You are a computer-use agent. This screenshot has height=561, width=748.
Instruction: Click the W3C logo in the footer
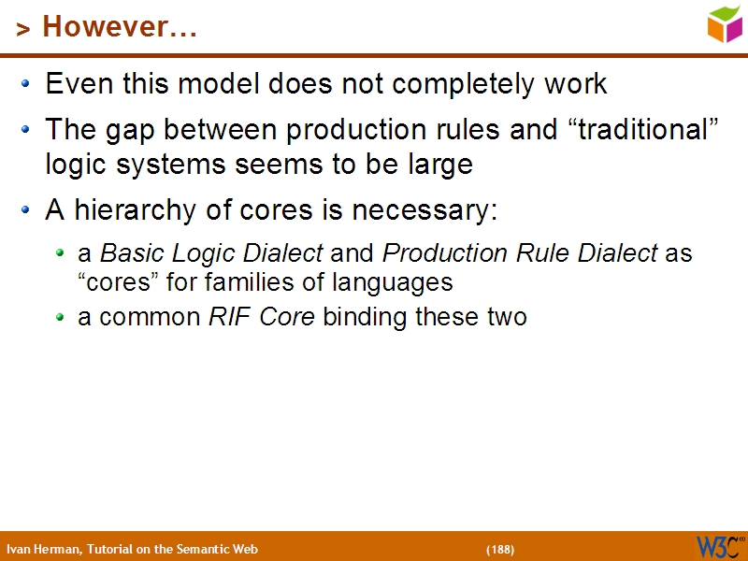[719, 546]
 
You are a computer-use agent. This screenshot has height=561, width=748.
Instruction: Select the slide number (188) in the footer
[500, 549]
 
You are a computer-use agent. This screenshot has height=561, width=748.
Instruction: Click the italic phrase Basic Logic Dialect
[211, 253]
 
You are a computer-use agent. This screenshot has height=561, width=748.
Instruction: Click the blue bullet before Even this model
[29, 85]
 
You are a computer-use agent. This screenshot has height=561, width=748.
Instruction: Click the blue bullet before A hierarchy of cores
[29, 211]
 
